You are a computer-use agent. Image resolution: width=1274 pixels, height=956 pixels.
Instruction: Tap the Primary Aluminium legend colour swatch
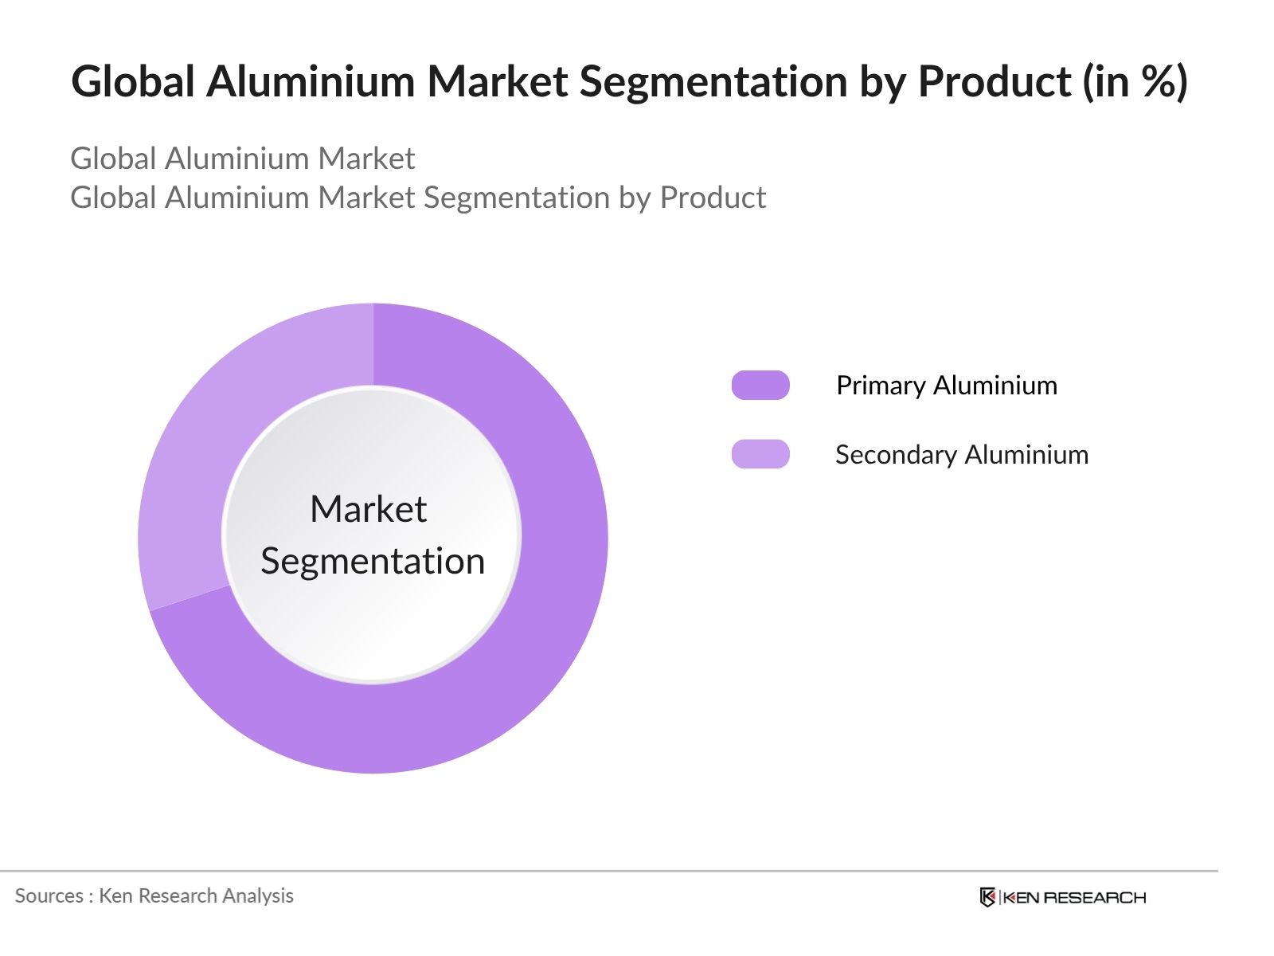760,385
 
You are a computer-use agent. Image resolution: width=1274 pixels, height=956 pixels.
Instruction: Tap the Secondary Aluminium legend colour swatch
760,454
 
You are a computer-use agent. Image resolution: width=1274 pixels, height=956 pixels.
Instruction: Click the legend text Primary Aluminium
947,386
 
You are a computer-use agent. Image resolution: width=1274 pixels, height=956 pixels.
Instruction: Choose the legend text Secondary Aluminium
962,454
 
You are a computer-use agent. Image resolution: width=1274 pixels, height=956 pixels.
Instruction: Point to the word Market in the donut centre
369,509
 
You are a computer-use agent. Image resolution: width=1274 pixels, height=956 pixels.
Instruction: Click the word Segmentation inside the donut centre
373,562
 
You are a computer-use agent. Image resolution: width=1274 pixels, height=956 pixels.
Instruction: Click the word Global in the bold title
133,80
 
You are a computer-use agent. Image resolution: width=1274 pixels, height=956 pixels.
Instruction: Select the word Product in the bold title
995,80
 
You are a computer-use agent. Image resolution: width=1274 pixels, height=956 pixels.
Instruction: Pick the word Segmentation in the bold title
713,82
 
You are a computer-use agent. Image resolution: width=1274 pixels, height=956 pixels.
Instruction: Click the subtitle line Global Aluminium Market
243,158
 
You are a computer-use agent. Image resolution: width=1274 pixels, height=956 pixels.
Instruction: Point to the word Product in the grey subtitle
713,198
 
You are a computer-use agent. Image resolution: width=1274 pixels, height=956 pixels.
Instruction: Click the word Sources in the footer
49,895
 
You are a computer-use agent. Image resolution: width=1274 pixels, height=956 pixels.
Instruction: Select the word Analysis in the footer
258,896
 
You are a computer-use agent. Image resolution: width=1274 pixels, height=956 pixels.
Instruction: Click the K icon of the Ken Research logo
987,897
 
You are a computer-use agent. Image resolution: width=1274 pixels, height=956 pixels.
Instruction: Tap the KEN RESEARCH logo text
1074,898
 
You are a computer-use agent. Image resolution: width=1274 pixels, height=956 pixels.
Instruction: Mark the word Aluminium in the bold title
311,80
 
